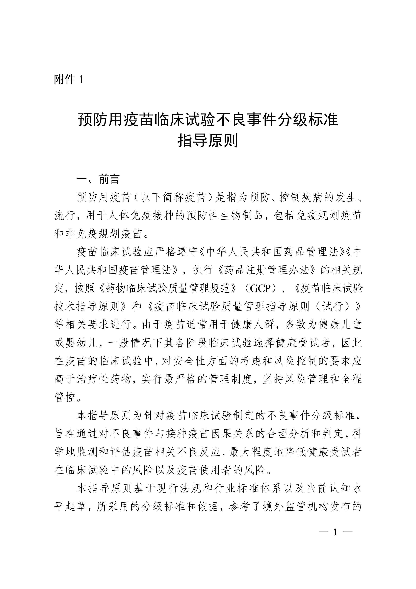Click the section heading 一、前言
(x=98, y=179)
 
